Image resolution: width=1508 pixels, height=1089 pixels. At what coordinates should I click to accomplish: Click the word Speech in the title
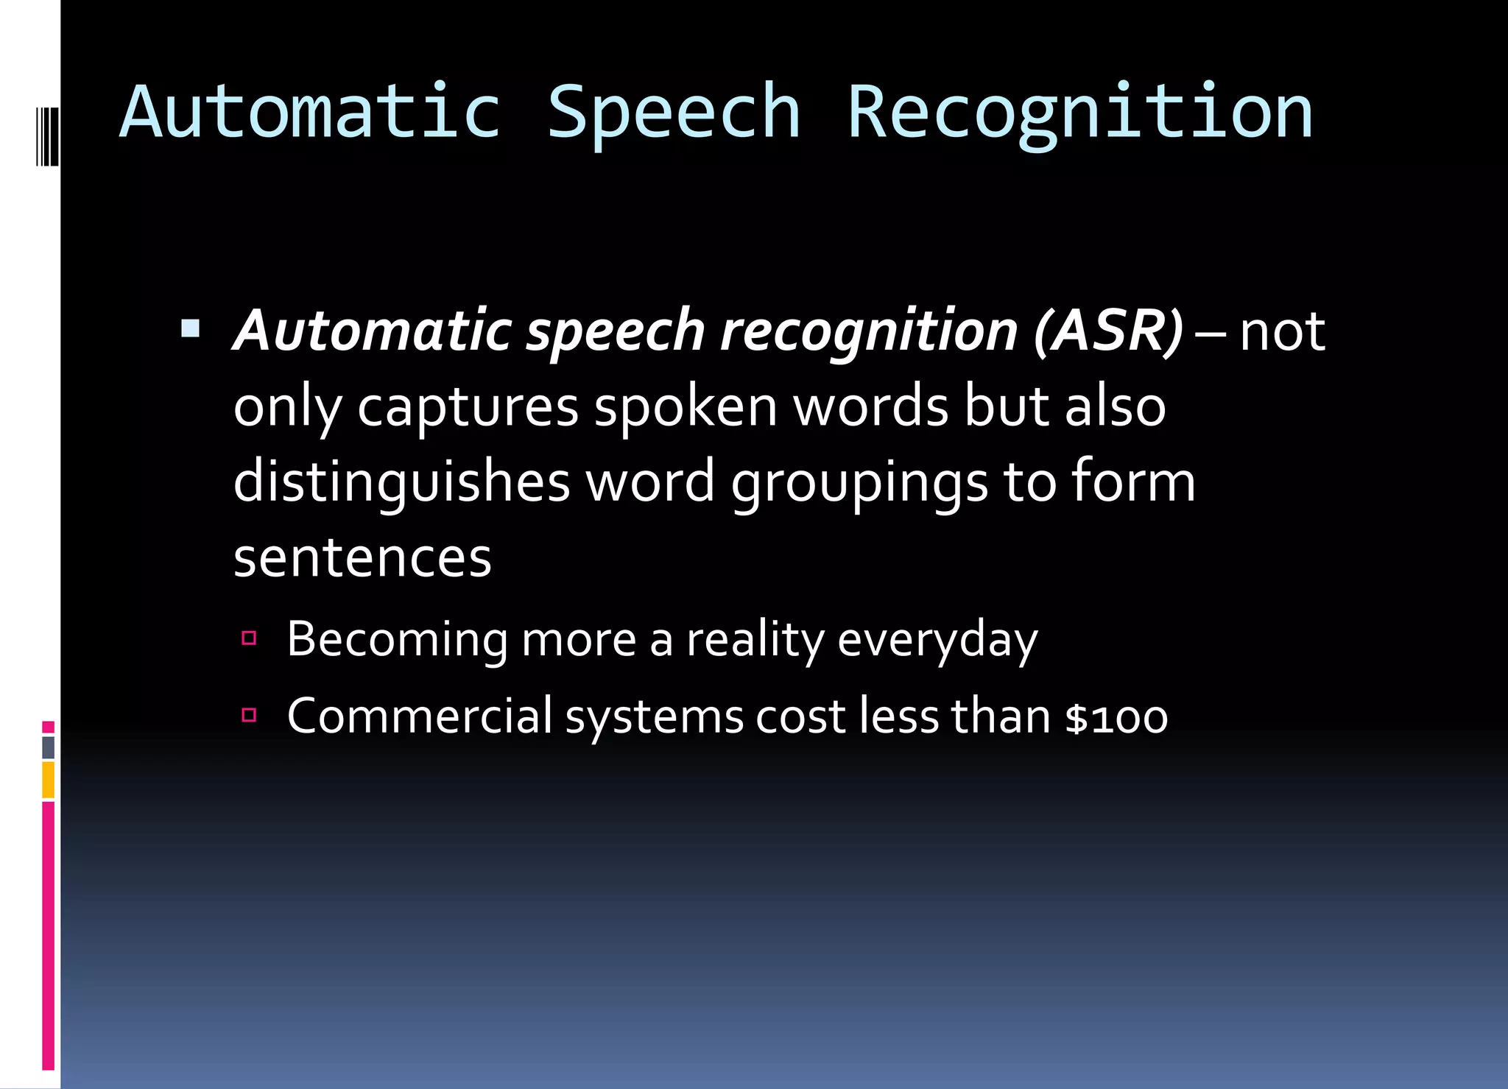click(673, 112)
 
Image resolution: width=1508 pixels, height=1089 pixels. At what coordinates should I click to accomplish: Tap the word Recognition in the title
click(1079, 112)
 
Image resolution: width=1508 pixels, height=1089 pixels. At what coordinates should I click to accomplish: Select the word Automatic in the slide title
click(310, 112)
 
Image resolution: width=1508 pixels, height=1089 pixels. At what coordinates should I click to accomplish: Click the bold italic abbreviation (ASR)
click(1108, 331)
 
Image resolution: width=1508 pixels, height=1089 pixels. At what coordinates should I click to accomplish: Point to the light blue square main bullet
click(191, 328)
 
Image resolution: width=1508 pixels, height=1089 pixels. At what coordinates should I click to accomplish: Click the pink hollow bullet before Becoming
click(249, 638)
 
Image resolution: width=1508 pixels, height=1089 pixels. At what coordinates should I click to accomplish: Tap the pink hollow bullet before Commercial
click(249, 714)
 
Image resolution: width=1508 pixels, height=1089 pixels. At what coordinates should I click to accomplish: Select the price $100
click(1116, 717)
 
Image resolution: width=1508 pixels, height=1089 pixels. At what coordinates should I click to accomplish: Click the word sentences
click(362, 557)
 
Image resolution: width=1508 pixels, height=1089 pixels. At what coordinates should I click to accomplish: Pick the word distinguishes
click(401, 482)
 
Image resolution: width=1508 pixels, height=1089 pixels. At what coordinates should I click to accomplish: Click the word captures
click(468, 407)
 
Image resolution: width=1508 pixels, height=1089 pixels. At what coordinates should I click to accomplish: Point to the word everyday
click(937, 639)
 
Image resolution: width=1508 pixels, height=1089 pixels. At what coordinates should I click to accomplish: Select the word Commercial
click(419, 716)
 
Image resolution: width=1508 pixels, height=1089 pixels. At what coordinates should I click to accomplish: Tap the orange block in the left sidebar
click(48, 780)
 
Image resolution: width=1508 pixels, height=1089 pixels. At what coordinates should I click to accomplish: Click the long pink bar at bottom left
click(48, 935)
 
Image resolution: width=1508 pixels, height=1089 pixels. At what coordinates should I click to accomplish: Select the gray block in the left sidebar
click(48, 747)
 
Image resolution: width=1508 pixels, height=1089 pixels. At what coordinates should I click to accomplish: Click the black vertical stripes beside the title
click(48, 136)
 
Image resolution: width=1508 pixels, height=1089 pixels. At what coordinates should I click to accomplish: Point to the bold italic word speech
click(616, 331)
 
